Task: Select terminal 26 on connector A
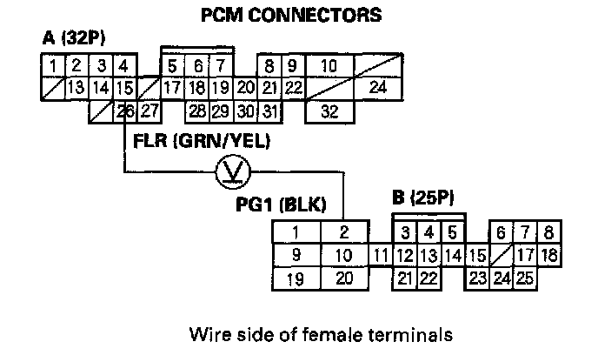pyautogui.click(x=125, y=110)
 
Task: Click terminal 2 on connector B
pyautogui.click(x=344, y=232)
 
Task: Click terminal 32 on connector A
pyautogui.click(x=329, y=111)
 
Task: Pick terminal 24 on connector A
pyautogui.click(x=376, y=87)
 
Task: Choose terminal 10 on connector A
pyautogui.click(x=329, y=65)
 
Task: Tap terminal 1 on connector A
pyautogui.click(x=53, y=65)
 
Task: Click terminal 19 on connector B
pyautogui.click(x=296, y=278)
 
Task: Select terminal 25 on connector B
pyautogui.click(x=524, y=278)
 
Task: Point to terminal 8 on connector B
pyautogui.click(x=548, y=232)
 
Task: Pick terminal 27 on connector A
pyautogui.click(x=149, y=110)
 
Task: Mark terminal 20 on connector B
pyautogui.click(x=344, y=278)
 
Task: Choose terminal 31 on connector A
pyautogui.click(x=269, y=111)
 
